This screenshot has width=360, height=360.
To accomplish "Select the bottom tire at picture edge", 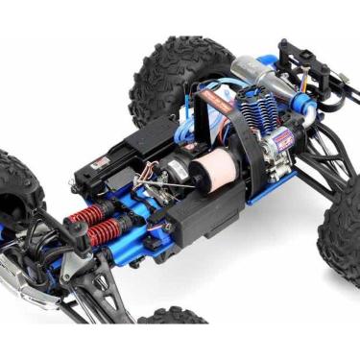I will pyautogui.click(x=173, y=316).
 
